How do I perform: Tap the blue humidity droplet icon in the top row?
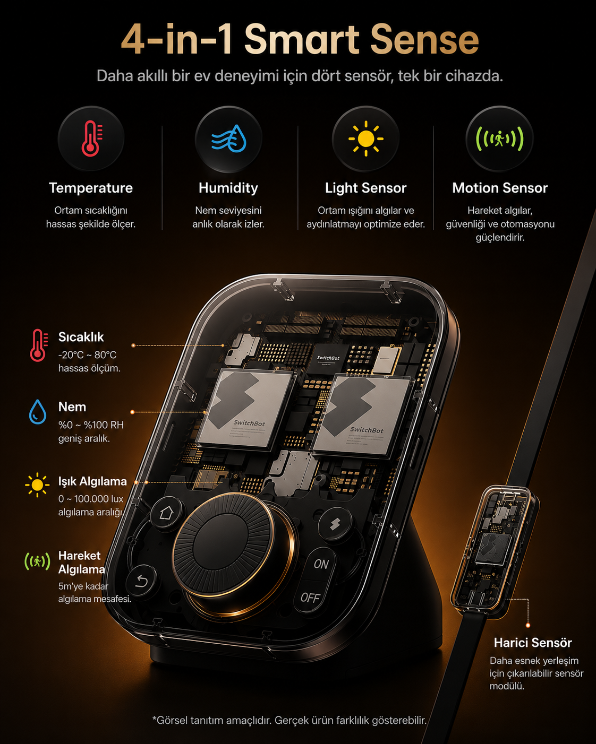229,139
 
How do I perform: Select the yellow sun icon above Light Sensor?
366,139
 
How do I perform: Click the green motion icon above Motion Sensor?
500,139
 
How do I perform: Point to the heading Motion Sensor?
500,188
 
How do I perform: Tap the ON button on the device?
321,565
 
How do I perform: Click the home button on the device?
167,513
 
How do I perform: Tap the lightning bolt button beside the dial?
335,524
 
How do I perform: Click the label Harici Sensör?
533,643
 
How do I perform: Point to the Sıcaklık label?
81,337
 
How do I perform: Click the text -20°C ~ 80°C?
87,355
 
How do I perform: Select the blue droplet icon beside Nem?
37,412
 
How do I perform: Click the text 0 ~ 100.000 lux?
91,499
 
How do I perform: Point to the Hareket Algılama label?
82,563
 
